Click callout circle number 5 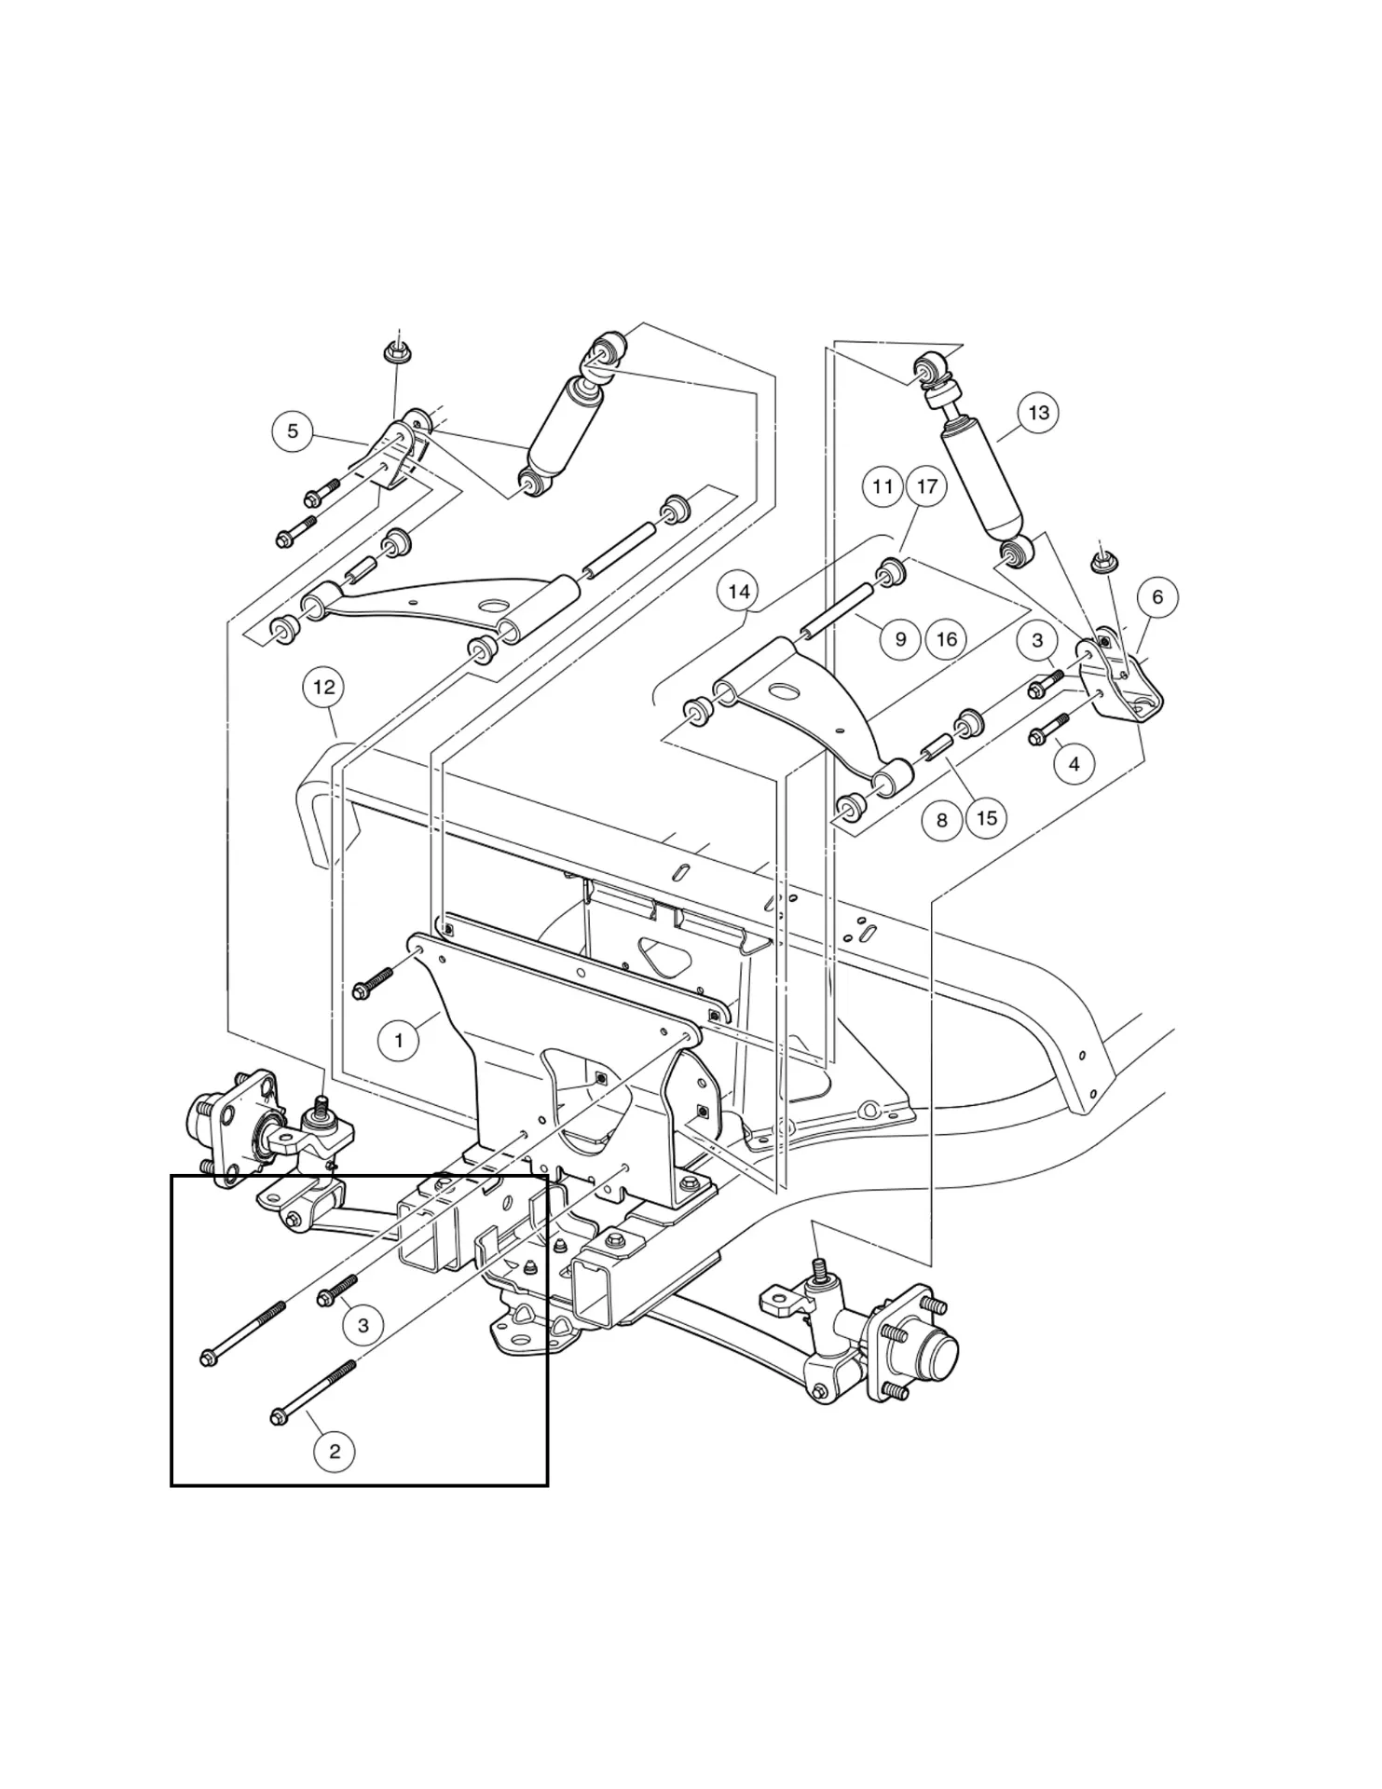[293, 431]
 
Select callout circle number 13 [1038, 413]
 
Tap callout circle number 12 [323, 688]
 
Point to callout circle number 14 [738, 592]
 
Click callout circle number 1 [399, 1040]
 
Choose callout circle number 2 [335, 1451]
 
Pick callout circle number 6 [1157, 597]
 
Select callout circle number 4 [1074, 764]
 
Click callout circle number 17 [927, 487]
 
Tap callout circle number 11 [883, 487]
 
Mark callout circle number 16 [946, 639]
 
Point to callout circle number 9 [900, 639]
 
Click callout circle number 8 [941, 820]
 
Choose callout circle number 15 [987, 818]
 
